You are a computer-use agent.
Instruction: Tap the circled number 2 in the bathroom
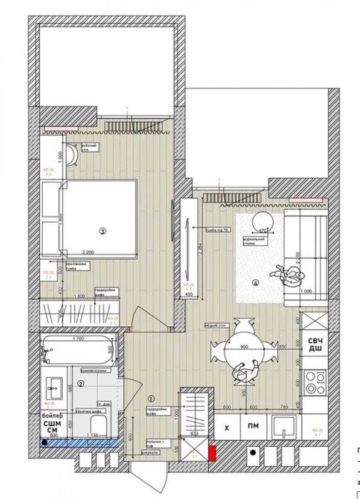(x=81, y=383)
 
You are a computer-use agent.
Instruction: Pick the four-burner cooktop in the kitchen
(x=315, y=385)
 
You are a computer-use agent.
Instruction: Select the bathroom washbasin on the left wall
(x=52, y=389)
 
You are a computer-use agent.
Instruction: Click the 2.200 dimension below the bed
(x=89, y=252)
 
